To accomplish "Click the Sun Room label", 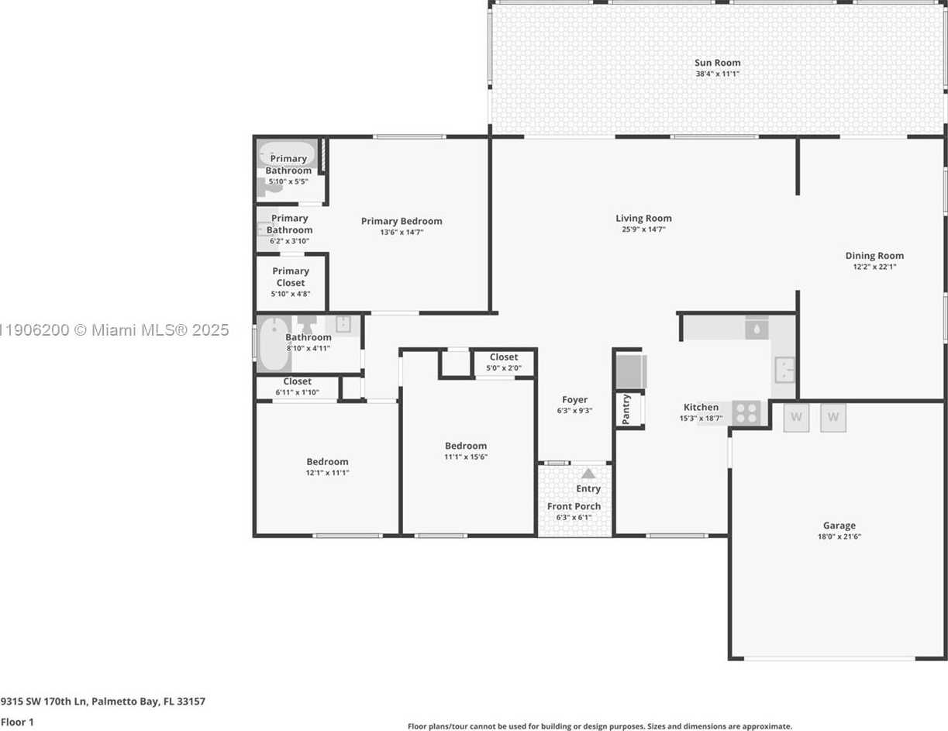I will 717,63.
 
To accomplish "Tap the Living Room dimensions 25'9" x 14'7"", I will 643,229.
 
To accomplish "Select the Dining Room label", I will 874,255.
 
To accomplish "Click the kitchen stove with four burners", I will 746,412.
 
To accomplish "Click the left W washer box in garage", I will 796,417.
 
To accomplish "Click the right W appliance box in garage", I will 833,417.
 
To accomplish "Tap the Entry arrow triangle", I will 588,474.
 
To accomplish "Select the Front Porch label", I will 574,506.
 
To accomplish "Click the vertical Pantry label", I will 626,409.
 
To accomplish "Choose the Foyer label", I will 574,400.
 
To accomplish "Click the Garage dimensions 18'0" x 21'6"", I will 839,536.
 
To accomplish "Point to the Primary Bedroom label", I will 402,221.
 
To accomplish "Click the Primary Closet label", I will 291,277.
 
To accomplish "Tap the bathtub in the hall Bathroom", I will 271,343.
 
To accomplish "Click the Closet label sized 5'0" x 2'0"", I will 504,357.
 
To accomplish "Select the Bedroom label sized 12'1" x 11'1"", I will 327,461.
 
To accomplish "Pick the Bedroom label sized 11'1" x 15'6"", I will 466,446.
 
